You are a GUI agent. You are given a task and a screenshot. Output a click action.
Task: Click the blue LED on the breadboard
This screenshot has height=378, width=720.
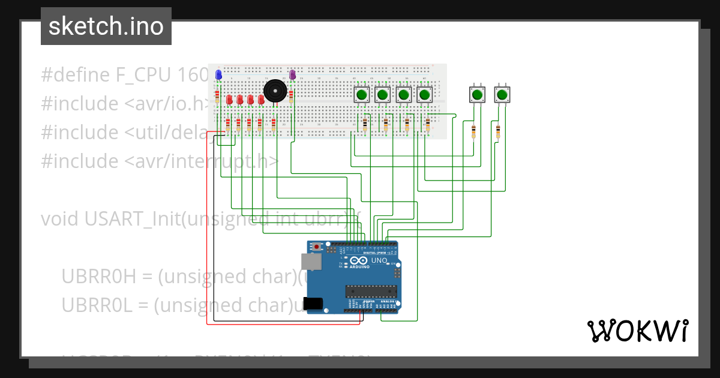pos(218,75)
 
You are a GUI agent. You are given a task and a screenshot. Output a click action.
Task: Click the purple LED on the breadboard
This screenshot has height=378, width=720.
pos(293,74)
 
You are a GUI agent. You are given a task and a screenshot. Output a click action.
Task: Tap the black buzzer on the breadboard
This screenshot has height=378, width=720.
pos(275,91)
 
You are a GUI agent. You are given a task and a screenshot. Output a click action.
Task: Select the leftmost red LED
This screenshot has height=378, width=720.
pos(229,99)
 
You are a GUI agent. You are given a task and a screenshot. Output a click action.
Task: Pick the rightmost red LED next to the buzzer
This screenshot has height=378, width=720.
pos(260,99)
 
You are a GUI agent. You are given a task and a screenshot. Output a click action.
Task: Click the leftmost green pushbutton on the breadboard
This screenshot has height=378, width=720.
pos(362,94)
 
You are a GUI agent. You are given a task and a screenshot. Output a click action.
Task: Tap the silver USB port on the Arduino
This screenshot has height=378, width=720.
pos(310,261)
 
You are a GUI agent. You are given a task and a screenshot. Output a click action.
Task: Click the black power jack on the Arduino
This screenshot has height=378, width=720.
pos(313,304)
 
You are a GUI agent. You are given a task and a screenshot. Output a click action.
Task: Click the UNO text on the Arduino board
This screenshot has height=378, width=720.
pos(379,261)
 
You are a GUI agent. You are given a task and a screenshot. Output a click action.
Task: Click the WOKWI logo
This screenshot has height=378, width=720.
pos(637,331)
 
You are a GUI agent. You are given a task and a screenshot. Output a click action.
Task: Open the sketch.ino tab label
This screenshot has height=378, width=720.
pos(106,26)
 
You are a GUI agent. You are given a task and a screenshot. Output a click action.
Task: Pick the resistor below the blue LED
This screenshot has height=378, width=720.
pos(217,94)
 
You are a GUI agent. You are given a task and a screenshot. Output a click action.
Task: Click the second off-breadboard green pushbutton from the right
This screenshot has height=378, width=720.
pos(477,94)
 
